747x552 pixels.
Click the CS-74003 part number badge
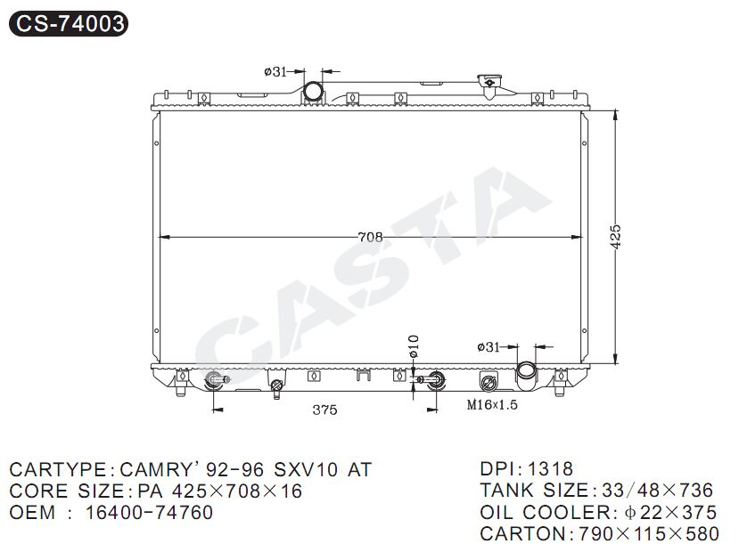tap(69, 23)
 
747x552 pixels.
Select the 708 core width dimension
tap(370, 237)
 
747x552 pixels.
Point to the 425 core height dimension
tap(615, 237)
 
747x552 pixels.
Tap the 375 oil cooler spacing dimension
tap(324, 410)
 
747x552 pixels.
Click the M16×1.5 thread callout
tap(492, 405)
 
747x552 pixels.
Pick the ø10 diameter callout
tap(413, 346)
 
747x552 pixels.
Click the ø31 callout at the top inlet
tap(275, 72)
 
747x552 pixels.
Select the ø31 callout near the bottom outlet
tap(488, 347)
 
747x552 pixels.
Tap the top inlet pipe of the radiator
tap(313, 91)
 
